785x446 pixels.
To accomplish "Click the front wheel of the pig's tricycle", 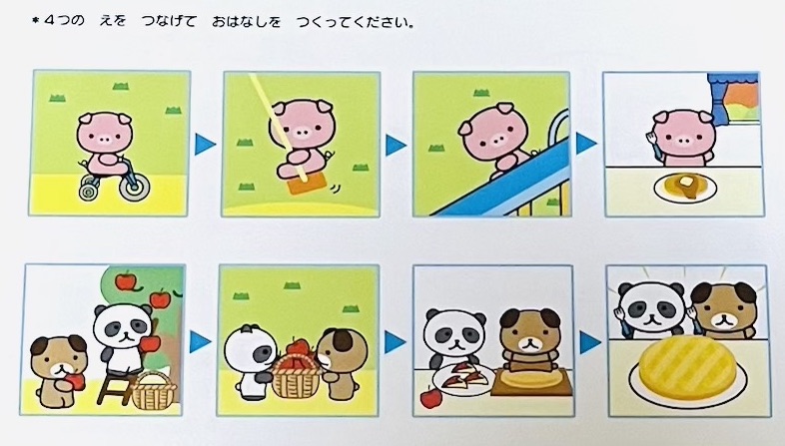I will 90,189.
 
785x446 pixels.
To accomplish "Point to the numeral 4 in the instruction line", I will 48,21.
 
